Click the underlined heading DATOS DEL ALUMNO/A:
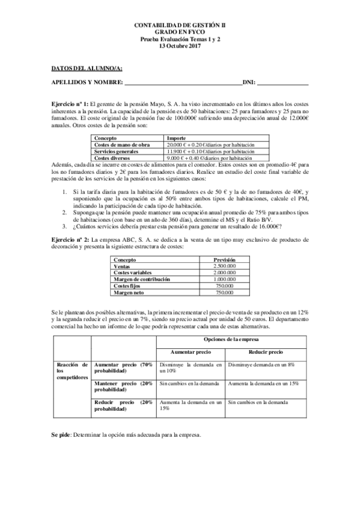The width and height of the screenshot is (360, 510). (82, 69)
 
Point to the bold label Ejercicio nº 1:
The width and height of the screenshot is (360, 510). (70, 104)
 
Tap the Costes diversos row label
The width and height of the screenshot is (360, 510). (111, 158)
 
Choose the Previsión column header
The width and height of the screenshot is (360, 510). (224, 259)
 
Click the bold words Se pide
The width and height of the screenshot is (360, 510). (61, 434)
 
